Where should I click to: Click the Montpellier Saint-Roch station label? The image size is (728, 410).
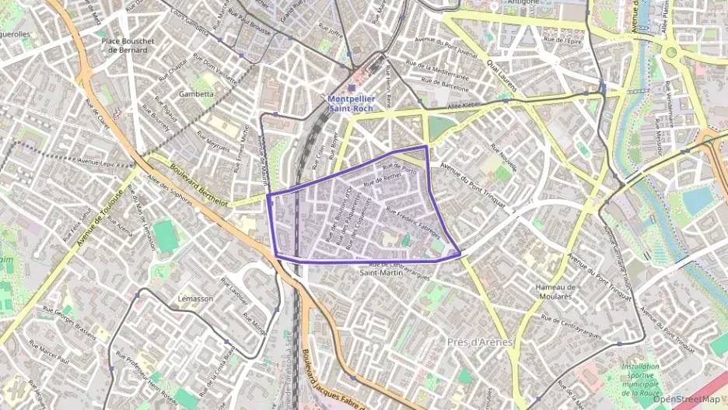point(350,103)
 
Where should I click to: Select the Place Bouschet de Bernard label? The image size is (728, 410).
point(129,44)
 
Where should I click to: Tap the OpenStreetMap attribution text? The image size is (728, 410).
point(686,399)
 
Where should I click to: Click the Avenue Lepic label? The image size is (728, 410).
point(96,163)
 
